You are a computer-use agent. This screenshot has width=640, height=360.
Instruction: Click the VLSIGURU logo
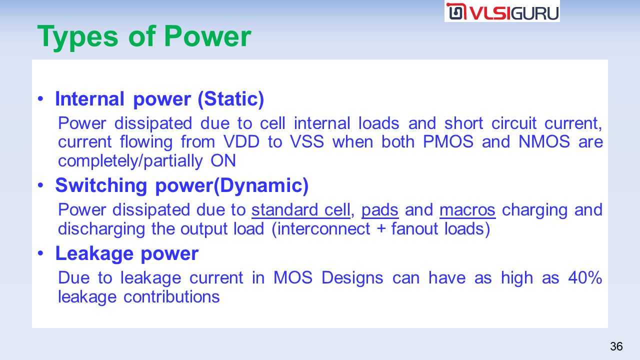[502, 11]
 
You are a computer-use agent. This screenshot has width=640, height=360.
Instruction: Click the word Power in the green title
[207, 36]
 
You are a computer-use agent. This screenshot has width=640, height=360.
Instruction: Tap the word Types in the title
[77, 37]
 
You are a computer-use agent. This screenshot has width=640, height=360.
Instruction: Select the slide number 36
[616, 346]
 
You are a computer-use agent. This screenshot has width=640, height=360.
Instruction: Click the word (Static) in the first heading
[231, 99]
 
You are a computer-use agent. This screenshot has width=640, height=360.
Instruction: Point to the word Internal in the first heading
[89, 99]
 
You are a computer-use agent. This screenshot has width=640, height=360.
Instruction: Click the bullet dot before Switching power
[40, 185]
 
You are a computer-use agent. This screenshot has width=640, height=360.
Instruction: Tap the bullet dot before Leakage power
[40, 253]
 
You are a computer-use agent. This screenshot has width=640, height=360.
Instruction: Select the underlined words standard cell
[301, 210]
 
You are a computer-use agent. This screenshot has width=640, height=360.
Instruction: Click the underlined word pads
[380, 210]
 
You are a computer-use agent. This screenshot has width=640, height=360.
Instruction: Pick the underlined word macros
[467, 210]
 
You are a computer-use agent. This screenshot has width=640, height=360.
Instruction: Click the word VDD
[241, 141]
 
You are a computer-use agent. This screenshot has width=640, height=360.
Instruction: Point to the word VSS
[307, 141]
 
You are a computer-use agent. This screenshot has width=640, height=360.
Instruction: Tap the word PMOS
[448, 141]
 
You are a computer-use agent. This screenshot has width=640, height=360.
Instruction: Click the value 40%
[585, 277]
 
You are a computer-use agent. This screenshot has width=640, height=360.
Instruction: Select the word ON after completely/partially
[223, 160]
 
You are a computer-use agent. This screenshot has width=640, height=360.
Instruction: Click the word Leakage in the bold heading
[94, 253]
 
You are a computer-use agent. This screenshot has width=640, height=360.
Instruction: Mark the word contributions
[171, 296]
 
